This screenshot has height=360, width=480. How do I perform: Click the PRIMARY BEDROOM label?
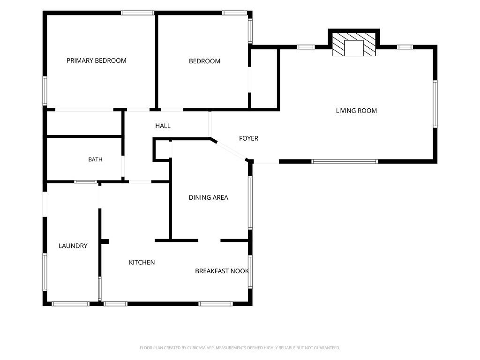click(x=97, y=60)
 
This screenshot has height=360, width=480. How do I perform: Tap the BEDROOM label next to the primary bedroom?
click(x=204, y=61)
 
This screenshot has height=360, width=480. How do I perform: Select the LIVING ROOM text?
click(x=356, y=111)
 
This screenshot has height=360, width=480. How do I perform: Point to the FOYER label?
click(x=248, y=138)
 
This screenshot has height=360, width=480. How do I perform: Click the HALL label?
click(x=163, y=126)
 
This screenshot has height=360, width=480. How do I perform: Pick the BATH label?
click(x=95, y=159)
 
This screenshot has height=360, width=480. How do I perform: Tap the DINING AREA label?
click(x=209, y=197)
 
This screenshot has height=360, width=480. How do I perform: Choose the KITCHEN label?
click(x=142, y=262)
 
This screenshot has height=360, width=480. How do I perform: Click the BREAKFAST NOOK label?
click(x=222, y=271)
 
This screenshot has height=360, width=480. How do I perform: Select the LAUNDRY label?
click(x=73, y=246)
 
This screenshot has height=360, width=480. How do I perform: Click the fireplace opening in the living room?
click(x=354, y=48)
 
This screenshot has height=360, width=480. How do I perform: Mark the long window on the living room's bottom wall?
click(x=345, y=162)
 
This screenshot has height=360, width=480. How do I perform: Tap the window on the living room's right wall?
click(x=435, y=104)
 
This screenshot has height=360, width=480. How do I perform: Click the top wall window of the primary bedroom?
click(x=137, y=13)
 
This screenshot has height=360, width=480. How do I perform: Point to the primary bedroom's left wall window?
click(x=45, y=91)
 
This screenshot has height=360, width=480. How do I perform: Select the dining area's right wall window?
click(x=250, y=202)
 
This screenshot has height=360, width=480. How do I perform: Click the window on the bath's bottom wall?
click(x=86, y=182)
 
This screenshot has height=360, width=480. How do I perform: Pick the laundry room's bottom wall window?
click(x=70, y=304)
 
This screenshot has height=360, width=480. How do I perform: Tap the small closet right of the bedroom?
click(x=264, y=79)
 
